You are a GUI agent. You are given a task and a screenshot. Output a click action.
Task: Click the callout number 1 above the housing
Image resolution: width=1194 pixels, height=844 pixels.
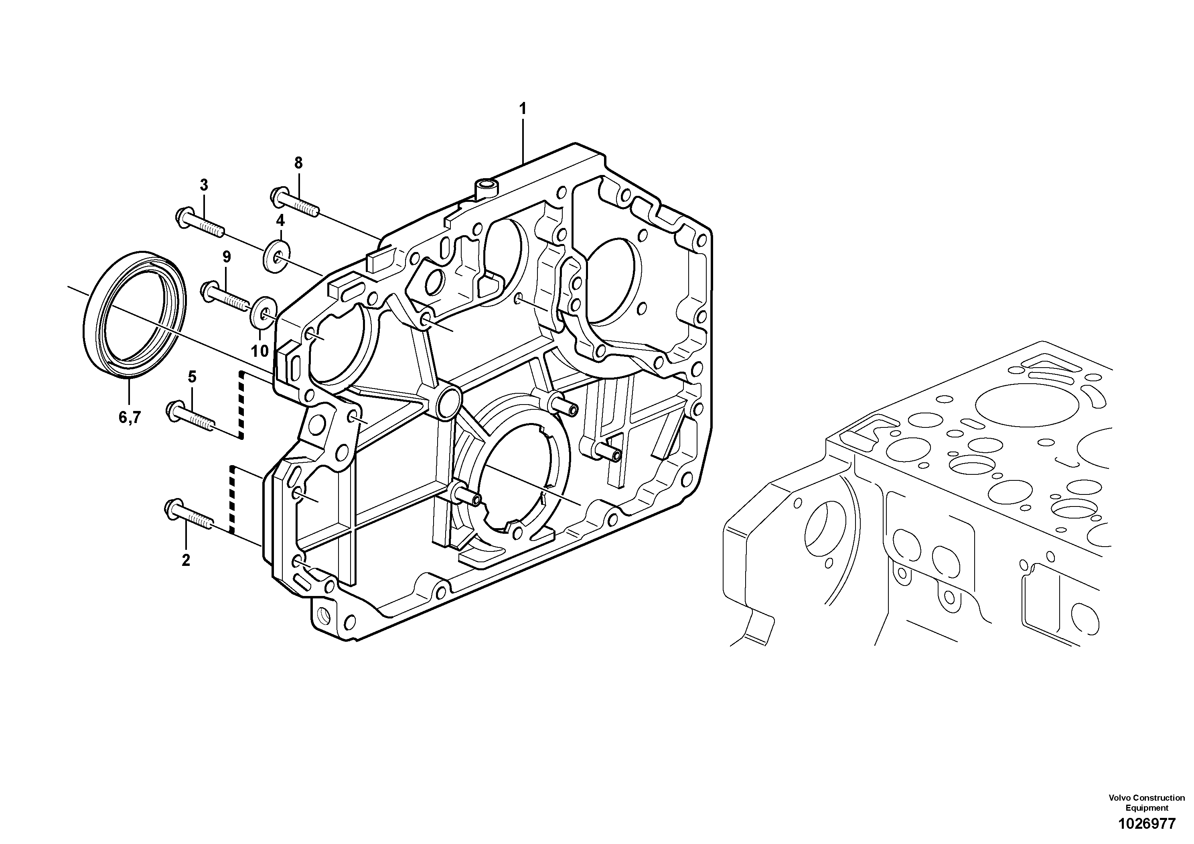(523, 109)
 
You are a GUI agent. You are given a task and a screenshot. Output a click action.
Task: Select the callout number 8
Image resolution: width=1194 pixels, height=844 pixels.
(298, 163)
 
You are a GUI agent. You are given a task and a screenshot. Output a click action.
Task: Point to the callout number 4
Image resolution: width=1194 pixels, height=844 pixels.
(280, 220)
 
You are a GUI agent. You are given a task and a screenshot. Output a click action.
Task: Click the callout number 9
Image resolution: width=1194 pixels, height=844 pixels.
(226, 256)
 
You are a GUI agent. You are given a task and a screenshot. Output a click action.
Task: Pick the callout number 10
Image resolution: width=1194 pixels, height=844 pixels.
(259, 351)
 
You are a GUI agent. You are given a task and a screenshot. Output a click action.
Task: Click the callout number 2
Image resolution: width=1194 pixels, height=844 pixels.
(186, 560)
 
